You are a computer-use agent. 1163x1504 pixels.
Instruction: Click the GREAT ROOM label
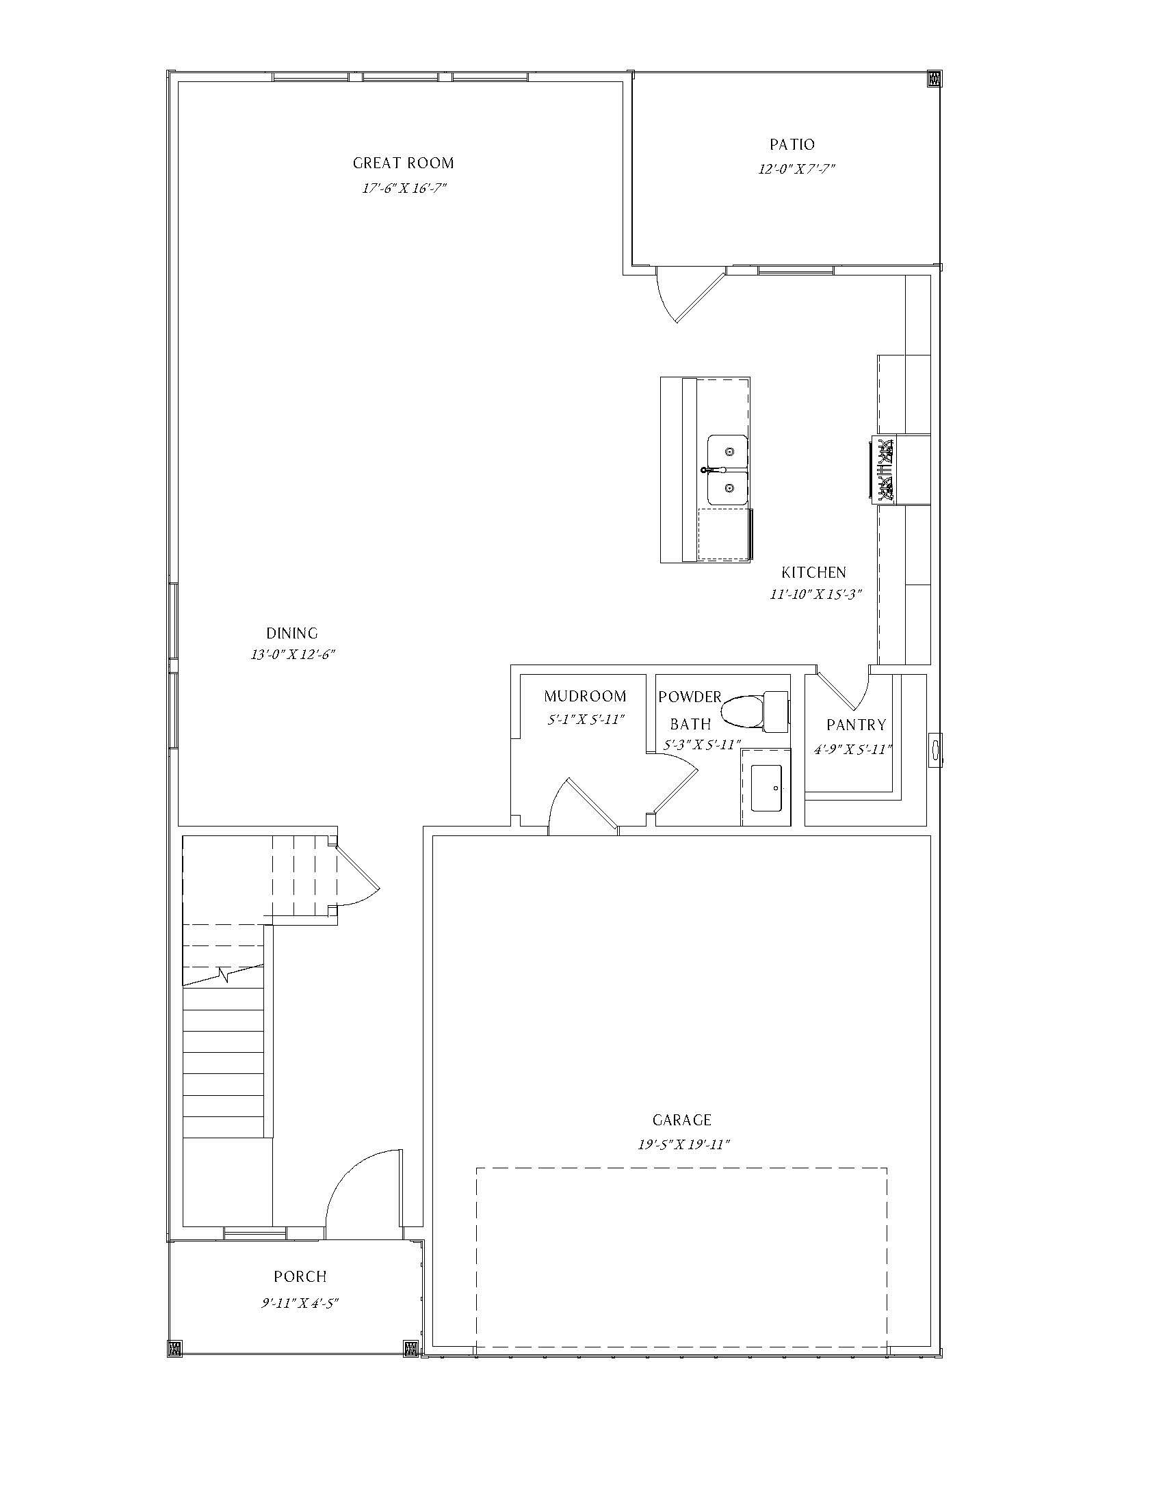click(x=403, y=163)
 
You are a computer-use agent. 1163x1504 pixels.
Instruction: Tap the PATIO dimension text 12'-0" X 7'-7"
click(x=796, y=169)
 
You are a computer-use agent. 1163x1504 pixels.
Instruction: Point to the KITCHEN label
click(x=813, y=572)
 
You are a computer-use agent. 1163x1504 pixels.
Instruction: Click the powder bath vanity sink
click(x=766, y=787)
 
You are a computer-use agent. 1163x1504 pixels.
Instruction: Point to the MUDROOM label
click(x=585, y=696)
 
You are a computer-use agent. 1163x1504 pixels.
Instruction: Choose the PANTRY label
click(x=857, y=725)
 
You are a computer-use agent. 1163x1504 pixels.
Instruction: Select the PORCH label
click(x=300, y=1277)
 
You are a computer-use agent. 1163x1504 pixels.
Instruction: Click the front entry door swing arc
click(x=345, y=1178)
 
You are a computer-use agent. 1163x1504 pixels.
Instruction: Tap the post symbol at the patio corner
click(x=935, y=79)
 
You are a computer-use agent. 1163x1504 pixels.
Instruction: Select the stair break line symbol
click(x=222, y=974)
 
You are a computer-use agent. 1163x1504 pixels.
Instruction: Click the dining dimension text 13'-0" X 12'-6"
click(x=292, y=654)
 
